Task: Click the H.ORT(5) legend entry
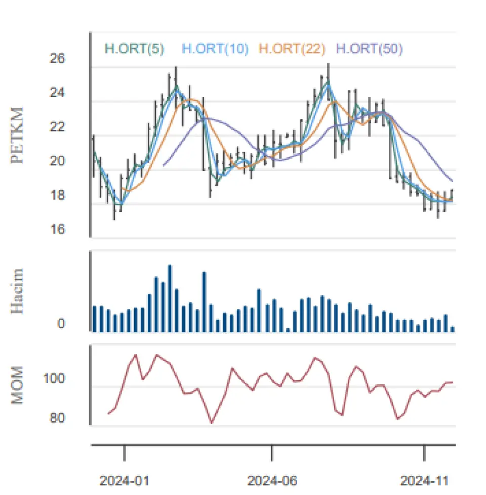[x=134, y=49]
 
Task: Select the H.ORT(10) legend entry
[x=215, y=49]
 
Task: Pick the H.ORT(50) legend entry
[x=369, y=49]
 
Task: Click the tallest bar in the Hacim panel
[x=170, y=298]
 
